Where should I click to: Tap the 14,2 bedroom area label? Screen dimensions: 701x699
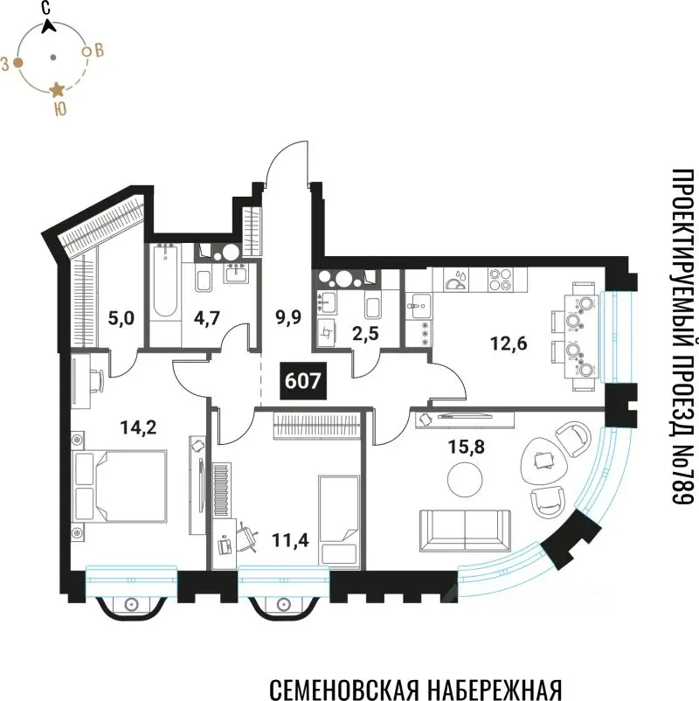tap(136, 427)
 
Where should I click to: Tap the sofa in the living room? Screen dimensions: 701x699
tap(464, 526)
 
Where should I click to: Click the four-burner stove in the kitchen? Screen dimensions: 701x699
tap(499, 281)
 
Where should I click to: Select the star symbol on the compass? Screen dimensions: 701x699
tap(56, 89)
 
